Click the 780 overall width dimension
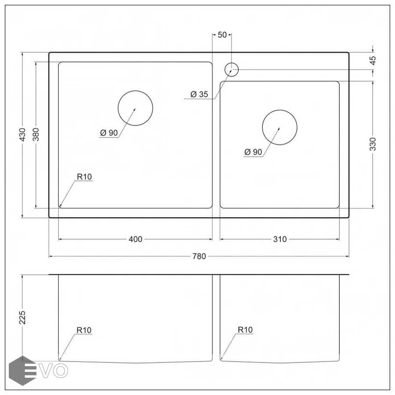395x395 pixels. click(199, 256)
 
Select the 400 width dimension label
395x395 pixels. click(136, 239)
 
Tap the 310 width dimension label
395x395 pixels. click(280, 239)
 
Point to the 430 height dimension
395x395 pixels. click(22, 135)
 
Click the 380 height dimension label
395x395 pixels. click(36, 135)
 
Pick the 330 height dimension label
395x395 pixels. click(373, 144)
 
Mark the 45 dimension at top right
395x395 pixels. click(373, 61)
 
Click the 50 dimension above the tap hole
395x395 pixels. click(222, 35)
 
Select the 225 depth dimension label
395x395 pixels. click(22, 317)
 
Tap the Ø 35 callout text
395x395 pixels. click(200, 94)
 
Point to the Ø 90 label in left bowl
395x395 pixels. click(109, 133)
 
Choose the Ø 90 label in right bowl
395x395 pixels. click(253, 152)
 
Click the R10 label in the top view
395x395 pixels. click(84, 177)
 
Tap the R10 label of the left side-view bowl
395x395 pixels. click(84, 330)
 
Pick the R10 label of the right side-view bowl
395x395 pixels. click(245, 330)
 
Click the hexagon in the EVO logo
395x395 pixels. click(22, 370)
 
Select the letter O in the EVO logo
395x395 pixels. click(61, 371)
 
